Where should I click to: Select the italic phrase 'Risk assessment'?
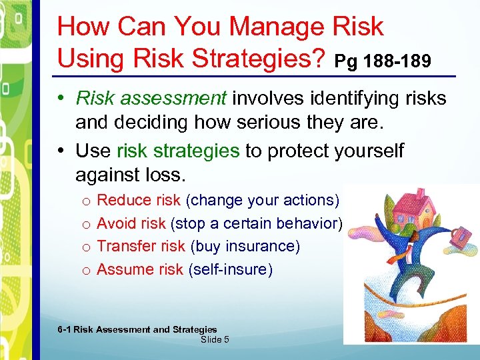151,99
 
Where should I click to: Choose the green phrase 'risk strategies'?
177,151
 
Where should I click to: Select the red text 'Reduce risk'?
139,200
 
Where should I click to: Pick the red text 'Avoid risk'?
131,223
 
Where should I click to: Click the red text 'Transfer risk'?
141,246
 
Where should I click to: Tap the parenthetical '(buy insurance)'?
245,246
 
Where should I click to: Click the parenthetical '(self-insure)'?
230,269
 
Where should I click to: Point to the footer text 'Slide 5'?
215,339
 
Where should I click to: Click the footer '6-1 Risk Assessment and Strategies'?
137,329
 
